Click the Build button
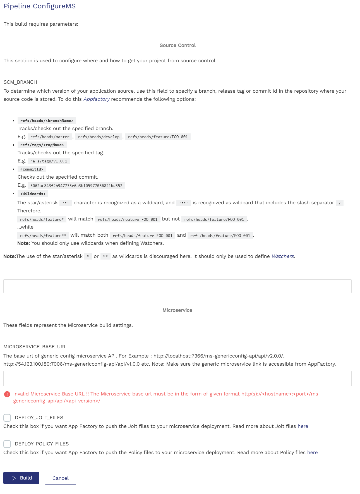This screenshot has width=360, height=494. pyautogui.click(x=21, y=478)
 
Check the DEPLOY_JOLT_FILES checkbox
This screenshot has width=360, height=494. pyautogui.click(x=7, y=418)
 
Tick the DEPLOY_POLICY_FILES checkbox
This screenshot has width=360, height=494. pyautogui.click(x=7, y=444)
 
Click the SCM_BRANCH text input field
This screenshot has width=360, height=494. pyautogui.click(x=177, y=286)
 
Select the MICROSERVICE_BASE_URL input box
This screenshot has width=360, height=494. pyautogui.click(x=177, y=378)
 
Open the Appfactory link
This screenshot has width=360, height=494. pyautogui.click(x=97, y=99)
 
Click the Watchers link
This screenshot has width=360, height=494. pyautogui.click(x=283, y=256)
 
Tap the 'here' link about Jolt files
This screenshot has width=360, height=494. pyautogui.click(x=303, y=426)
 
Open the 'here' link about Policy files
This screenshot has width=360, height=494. pyautogui.click(x=312, y=452)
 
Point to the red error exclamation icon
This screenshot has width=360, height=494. pyautogui.click(x=7, y=394)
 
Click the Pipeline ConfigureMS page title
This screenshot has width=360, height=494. pyautogui.click(x=40, y=6)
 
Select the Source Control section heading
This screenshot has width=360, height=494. pyautogui.click(x=177, y=45)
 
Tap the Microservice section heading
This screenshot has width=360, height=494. pyautogui.click(x=177, y=310)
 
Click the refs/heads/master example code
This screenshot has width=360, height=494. pyautogui.click(x=50, y=137)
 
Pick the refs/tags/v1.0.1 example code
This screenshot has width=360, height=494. pyautogui.click(x=49, y=161)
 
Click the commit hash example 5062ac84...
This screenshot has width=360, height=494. pyautogui.click(x=76, y=186)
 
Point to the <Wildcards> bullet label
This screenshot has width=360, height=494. pyautogui.click(x=33, y=194)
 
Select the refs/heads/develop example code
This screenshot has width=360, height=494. pyautogui.click(x=99, y=137)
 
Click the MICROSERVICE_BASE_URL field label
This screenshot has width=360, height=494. pyautogui.click(x=35, y=347)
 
